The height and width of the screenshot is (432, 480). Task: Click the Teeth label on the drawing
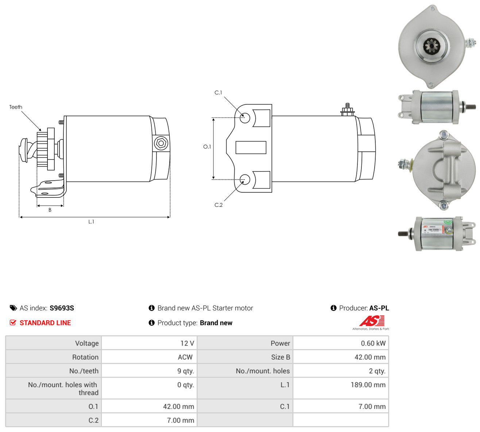[x=16, y=107]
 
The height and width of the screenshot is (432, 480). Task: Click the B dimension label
[x=50, y=210]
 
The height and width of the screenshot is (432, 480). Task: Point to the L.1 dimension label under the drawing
[x=91, y=222]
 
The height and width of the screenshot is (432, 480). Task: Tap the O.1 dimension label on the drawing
[x=207, y=147]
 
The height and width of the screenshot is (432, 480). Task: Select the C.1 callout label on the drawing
[x=218, y=92]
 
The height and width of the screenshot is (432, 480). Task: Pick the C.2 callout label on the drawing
[x=218, y=205]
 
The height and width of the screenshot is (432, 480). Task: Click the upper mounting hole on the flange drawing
[x=245, y=118]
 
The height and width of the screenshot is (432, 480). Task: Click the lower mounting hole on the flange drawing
[x=245, y=180]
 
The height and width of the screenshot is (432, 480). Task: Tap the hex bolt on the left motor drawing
[x=161, y=143]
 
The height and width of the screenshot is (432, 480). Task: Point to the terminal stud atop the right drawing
[x=348, y=110]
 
